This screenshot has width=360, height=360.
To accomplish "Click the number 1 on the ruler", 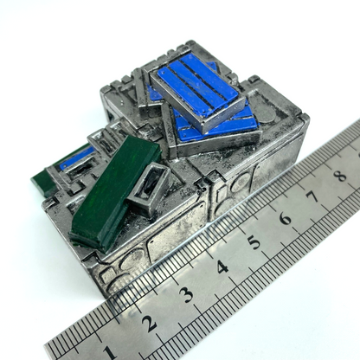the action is (x=109, y=352).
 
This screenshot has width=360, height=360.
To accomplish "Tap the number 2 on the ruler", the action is (x=149, y=324).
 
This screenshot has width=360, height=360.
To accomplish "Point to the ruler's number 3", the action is (x=186, y=295).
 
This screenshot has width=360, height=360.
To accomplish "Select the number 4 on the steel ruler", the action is (x=222, y=267).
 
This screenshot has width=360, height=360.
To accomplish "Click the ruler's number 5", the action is (x=254, y=241).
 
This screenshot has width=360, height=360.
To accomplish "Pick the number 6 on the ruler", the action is (x=285, y=218).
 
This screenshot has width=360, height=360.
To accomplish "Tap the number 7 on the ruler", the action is (x=313, y=196).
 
